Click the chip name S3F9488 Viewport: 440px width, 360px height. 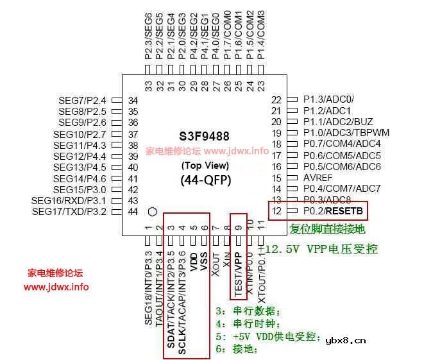point(204,136)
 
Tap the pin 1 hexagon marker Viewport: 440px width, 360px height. point(152,211)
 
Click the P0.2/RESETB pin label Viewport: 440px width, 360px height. point(331,210)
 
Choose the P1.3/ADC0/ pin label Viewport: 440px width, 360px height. point(329,99)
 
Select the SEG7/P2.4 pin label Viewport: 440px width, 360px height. point(82,101)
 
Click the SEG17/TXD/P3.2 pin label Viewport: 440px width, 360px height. point(69,211)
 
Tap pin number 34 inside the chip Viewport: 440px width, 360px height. point(133,101)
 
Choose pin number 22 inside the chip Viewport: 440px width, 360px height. point(276,99)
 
